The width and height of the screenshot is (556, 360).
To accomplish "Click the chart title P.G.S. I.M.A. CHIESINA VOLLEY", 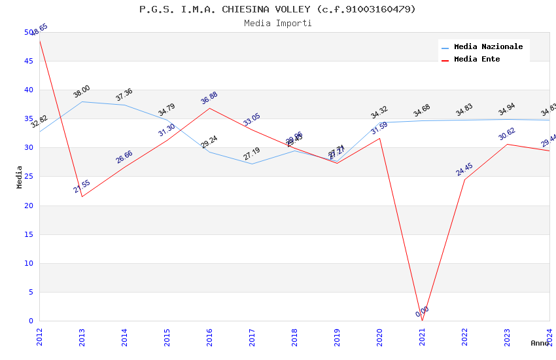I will (x=277, y=9).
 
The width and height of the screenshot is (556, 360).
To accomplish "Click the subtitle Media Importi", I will (x=277, y=24).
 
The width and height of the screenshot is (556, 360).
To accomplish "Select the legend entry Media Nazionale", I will (x=488, y=47).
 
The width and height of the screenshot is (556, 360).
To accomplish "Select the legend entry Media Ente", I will (x=477, y=60).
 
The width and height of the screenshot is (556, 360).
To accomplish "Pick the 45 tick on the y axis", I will (x=29, y=62).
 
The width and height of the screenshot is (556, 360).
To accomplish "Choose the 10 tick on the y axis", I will (x=29, y=264).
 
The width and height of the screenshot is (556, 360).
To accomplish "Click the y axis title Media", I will (x=20, y=177).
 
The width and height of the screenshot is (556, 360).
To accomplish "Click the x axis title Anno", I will (x=540, y=343).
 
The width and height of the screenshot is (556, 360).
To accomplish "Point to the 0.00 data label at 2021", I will (x=423, y=312).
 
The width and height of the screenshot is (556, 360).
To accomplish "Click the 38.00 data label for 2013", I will (x=82, y=92).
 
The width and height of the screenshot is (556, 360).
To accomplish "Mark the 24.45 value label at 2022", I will (x=464, y=170).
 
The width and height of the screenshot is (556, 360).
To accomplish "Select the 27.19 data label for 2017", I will (x=252, y=154).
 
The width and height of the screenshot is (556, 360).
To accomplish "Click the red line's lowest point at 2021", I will (x=422, y=321).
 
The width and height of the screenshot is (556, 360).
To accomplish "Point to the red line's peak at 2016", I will (x=209, y=108).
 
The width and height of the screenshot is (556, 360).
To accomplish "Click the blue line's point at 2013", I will (x=82, y=101).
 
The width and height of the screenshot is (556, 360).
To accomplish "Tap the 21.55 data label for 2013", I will (x=82, y=187).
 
